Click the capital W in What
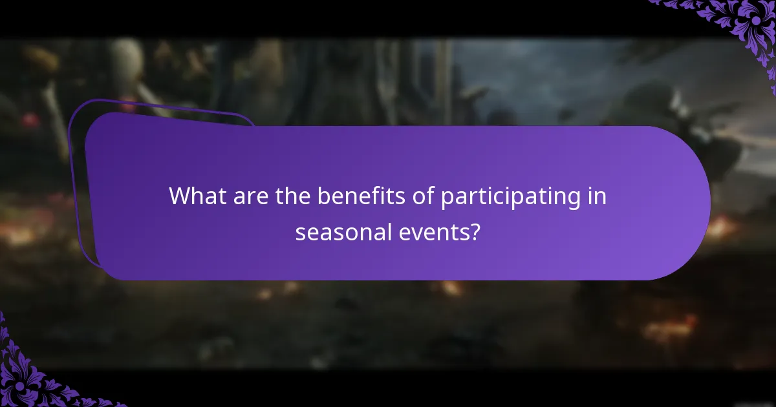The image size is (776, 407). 182,196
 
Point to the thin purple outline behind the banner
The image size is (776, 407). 77,194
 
